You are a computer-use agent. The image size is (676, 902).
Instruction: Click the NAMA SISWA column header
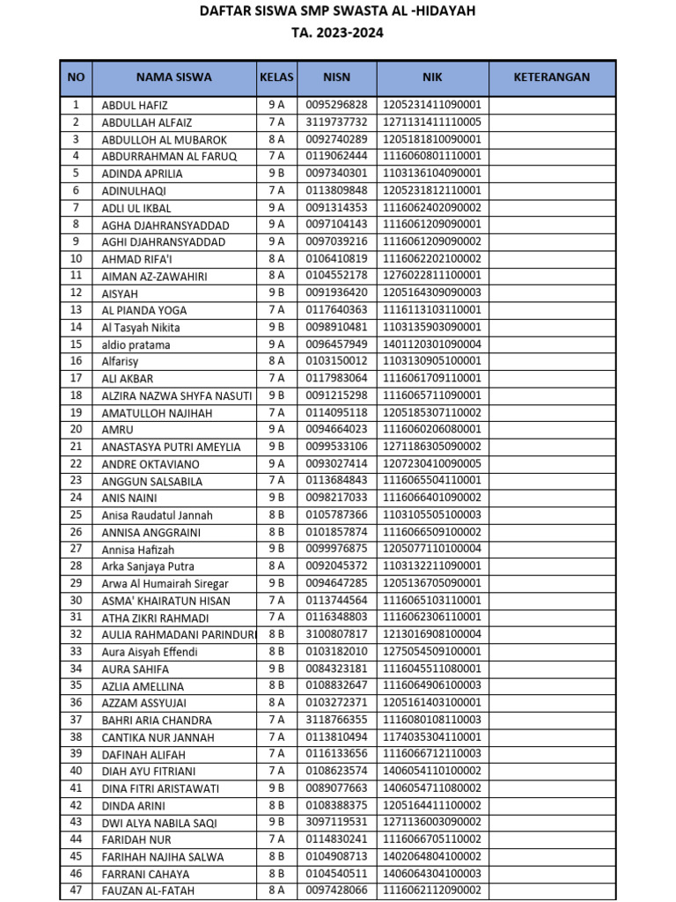(173, 78)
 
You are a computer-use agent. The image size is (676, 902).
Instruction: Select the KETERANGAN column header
(551, 78)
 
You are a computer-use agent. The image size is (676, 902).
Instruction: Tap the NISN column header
(336, 78)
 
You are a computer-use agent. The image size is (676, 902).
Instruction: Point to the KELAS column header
(276, 78)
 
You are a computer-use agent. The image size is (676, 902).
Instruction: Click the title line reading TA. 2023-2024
(338, 33)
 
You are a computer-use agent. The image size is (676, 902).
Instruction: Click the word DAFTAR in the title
(225, 11)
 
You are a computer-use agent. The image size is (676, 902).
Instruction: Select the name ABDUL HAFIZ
(135, 106)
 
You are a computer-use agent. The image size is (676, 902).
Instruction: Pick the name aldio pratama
(136, 344)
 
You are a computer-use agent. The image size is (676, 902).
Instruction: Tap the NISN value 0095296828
(336, 106)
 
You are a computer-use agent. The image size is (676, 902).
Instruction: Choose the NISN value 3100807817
(336, 634)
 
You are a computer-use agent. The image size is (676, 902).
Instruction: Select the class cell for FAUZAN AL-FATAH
(276, 891)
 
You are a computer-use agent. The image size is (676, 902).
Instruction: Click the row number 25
(76, 515)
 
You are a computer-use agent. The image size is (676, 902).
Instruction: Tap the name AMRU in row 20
(118, 430)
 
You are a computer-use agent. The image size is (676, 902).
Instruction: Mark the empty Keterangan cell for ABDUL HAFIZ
(551, 106)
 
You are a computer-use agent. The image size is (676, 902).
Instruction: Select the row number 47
(76, 891)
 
